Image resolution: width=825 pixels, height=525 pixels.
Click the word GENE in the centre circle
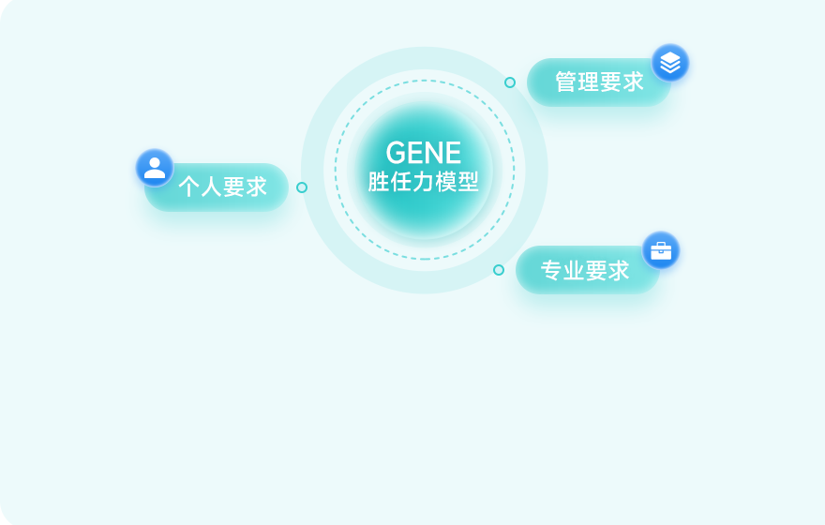[x=424, y=153]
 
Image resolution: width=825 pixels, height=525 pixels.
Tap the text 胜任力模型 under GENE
[x=424, y=182]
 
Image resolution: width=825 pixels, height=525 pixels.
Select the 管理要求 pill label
[x=599, y=82]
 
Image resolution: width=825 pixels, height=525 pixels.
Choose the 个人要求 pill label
[x=222, y=187]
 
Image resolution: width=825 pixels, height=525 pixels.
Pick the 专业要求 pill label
[x=585, y=271]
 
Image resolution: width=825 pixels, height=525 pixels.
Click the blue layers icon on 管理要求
[x=670, y=63]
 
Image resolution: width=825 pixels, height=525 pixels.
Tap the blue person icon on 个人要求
[x=155, y=168]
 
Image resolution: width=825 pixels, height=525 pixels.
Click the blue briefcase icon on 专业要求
[x=661, y=250]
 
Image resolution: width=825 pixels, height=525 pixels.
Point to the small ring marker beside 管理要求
[x=510, y=82]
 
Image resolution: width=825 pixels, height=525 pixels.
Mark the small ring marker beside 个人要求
[x=302, y=187]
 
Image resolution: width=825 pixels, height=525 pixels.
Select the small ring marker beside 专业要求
[x=499, y=270]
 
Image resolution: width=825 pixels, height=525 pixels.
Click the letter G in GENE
[x=396, y=153]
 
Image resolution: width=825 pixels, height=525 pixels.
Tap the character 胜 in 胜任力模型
[x=379, y=182]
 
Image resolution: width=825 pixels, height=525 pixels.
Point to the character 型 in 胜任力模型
[x=468, y=182]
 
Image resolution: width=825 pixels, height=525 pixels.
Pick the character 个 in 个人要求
[x=188, y=187]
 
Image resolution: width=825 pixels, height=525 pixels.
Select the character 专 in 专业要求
[x=551, y=271]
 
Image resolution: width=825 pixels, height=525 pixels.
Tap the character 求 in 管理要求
[x=634, y=82]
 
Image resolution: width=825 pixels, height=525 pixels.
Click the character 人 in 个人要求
[x=211, y=187]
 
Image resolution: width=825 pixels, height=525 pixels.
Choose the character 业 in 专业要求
[x=574, y=271]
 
